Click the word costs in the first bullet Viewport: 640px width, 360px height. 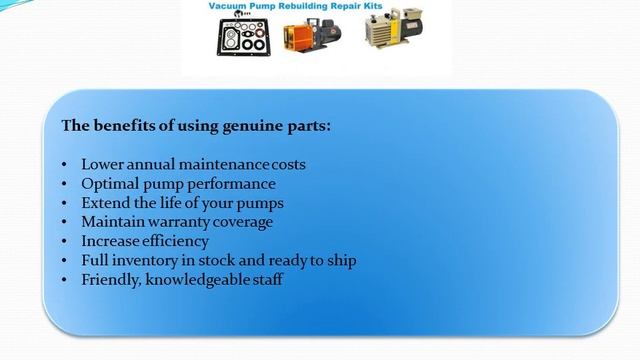coord(285,163)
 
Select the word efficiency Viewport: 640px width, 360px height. coord(176,241)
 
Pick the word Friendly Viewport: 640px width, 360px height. coord(111,279)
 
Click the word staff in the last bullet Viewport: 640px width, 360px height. coord(265,279)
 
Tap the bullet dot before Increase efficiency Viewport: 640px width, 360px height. coord(65,241)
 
